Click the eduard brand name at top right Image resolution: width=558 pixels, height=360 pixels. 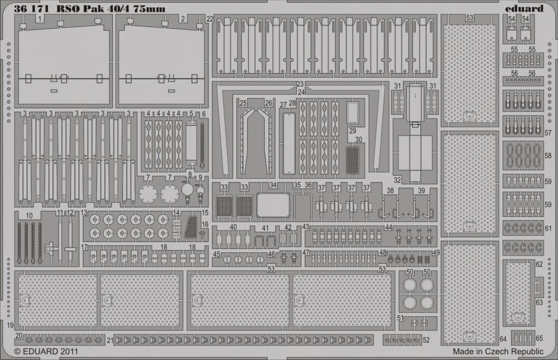524,8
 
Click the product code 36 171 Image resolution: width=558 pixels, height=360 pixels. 31,8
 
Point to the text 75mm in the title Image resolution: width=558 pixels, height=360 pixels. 149,8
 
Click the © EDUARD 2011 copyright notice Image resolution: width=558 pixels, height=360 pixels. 46,352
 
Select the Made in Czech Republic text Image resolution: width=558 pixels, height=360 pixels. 498,352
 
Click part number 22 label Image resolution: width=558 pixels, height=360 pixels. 210,19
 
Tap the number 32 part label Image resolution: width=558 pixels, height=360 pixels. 397,180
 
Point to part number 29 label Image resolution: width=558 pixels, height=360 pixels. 352,131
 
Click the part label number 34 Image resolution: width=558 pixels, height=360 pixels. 273,185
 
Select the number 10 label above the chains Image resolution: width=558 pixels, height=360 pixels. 29,216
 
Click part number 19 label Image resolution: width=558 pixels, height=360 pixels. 10,325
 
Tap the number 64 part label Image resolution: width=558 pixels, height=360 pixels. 503,339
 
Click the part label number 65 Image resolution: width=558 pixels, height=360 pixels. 539,338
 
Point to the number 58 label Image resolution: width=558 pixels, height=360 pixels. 548,156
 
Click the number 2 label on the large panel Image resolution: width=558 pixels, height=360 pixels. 183,19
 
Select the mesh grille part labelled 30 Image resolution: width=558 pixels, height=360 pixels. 353,160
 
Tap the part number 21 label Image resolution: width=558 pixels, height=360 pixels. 110,340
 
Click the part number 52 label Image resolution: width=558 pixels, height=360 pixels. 426,340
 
